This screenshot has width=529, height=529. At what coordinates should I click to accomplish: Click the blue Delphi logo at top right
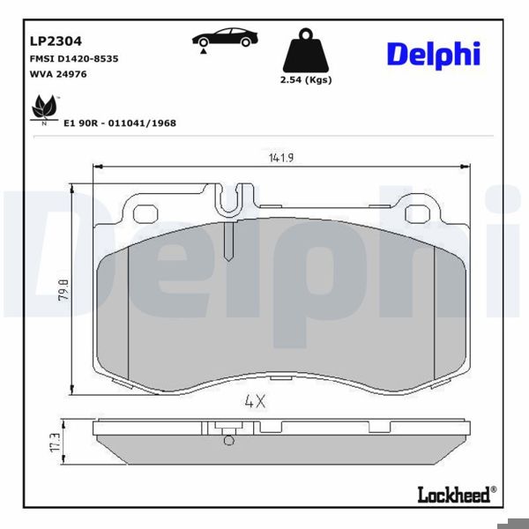[432, 54]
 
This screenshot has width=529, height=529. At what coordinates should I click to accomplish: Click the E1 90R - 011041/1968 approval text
[120, 123]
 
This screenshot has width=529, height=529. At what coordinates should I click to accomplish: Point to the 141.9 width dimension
[280, 158]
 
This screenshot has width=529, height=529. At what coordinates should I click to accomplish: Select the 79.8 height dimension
[62, 288]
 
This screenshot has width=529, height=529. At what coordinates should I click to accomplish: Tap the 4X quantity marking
[255, 400]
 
